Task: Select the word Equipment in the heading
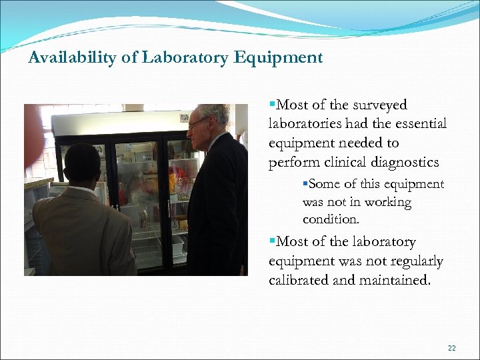point(278,58)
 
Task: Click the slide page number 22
point(452,348)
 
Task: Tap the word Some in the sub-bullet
point(324,185)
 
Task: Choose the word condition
point(331,219)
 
